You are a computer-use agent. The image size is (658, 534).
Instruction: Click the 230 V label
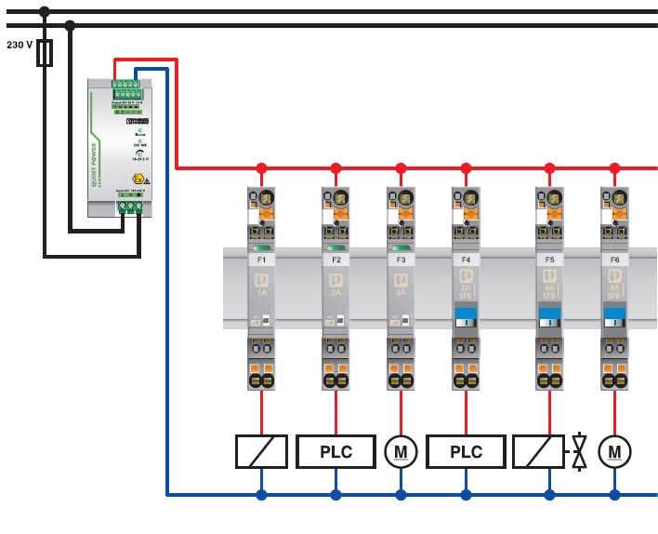click(20, 45)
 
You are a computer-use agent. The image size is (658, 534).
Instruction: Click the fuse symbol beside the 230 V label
click(44, 53)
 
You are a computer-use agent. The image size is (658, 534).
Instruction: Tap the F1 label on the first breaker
click(261, 260)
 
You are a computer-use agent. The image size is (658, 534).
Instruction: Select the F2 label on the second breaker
click(336, 260)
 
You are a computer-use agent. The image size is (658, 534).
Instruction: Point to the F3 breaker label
click(401, 260)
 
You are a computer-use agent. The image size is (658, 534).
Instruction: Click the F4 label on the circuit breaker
click(466, 260)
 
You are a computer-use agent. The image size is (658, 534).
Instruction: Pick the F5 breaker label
click(549, 260)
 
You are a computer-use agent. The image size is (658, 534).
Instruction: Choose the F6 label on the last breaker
click(614, 260)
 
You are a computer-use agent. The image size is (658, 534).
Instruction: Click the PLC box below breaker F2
click(336, 452)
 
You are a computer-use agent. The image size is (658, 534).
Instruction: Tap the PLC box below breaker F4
click(466, 452)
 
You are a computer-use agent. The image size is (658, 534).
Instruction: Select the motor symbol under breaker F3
click(401, 452)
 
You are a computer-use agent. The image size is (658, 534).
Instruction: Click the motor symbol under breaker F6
click(614, 452)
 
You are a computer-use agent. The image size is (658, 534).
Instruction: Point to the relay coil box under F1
click(261, 452)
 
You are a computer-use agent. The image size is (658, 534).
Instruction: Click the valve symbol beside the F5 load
click(579, 452)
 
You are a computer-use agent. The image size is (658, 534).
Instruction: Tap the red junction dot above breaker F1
click(261, 168)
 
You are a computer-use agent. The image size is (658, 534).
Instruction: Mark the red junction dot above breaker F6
click(614, 168)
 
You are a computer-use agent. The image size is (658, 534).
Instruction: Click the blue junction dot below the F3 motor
click(401, 495)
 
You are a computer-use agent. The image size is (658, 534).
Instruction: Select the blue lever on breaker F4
click(466, 316)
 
